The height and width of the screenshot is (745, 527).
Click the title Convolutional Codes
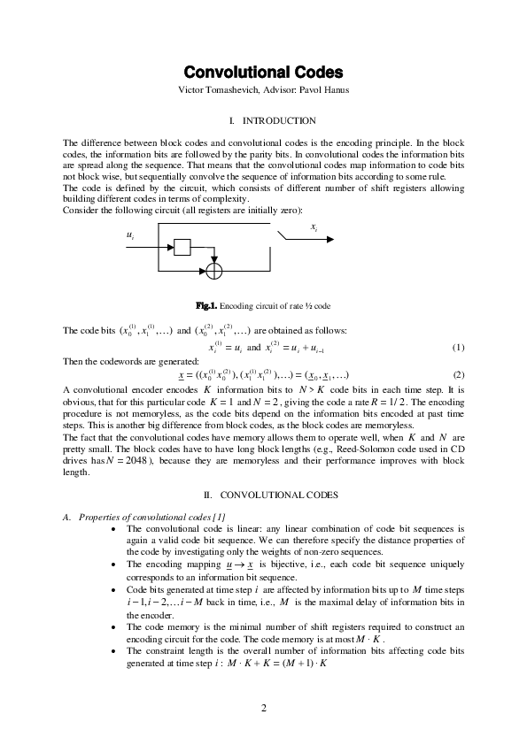pos(263,72)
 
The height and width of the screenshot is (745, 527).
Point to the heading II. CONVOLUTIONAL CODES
pos(263,494)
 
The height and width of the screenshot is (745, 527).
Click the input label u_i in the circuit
pos(132,235)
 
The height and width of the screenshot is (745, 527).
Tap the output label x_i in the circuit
pos(314,227)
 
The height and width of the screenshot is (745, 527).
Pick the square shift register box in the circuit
pos(182,248)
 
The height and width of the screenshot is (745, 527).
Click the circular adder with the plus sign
pos(214,268)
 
